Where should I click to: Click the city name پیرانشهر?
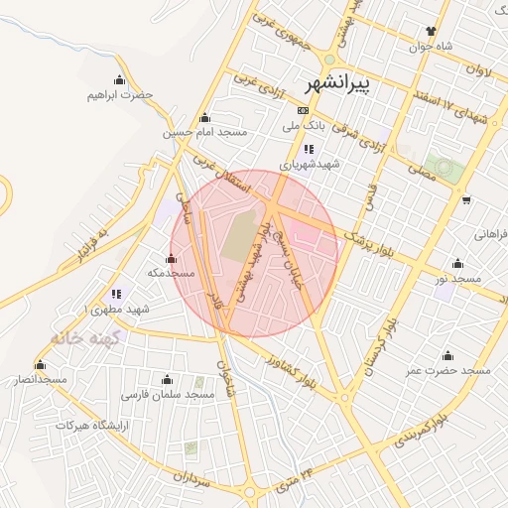[x=338, y=83]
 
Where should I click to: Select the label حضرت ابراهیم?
[x=121, y=94]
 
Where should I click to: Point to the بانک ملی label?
[x=304, y=126]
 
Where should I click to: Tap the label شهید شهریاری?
[x=309, y=165]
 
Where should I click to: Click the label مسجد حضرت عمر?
[x=447, y=370]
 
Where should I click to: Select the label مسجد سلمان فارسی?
[x=169, y=394]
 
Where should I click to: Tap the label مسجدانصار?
[x=41, y=379]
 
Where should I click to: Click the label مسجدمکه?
[x=171, y=272]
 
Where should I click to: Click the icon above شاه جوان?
[x=431, y=31]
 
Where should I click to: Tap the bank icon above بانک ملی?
[x=303, y=110]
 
